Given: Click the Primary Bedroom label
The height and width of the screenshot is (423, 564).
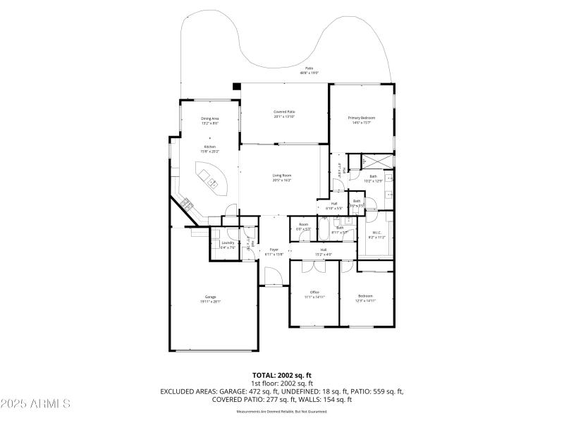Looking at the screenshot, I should point(361,117).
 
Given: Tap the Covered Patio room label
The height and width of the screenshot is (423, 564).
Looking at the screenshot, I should point(284,112).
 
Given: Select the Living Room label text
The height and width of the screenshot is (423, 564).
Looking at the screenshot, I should point(282,175).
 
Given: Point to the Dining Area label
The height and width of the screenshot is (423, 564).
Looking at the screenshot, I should point(210,118).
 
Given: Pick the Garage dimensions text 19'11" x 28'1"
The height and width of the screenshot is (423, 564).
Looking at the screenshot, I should point(211,301).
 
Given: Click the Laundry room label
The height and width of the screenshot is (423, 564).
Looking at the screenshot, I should point(227,243).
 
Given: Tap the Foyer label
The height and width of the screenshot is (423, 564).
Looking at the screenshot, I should point(274,250).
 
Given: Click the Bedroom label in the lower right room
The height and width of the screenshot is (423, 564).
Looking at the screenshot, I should point(365,295).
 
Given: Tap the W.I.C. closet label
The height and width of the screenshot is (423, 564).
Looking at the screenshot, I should point(376,233).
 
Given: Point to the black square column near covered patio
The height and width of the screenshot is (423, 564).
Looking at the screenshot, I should point(237,86).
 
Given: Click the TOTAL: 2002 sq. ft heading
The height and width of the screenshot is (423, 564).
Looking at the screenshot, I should point(282,375).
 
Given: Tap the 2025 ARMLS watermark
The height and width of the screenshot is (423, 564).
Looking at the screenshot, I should point(35,404).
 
